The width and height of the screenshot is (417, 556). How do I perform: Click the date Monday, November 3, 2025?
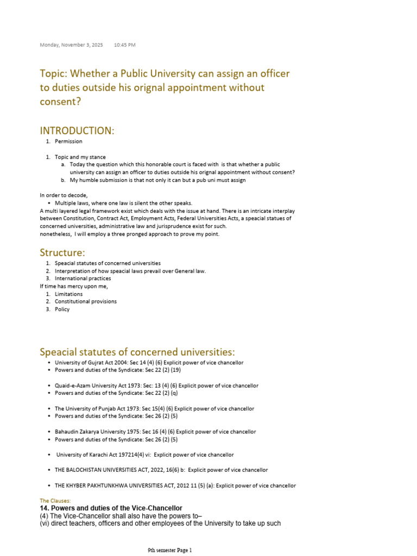pos(71,45)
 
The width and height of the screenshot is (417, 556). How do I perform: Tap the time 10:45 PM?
pos(125,45)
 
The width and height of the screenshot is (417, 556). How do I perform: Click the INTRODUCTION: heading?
pos(77,130)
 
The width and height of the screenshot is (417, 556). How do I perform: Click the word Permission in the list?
pos(68,142)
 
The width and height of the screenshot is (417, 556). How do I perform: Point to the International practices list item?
pos(83,279)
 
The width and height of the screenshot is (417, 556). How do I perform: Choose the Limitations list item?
pos(69,294)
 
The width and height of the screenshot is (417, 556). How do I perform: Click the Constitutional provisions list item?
pos(86,301)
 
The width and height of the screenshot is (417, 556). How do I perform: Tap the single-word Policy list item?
pos(62,309)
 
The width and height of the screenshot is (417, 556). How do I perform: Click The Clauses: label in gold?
pos(55,501)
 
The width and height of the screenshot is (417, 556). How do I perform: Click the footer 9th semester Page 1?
pos(170,550)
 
